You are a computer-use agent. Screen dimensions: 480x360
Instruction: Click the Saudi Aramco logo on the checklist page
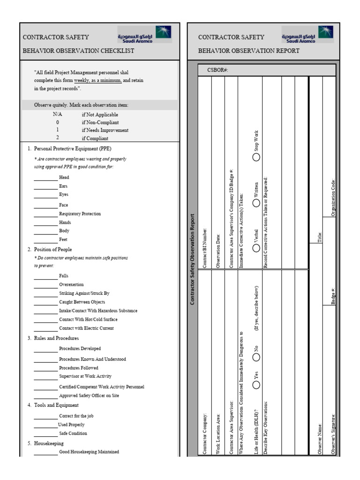tap(144, 34)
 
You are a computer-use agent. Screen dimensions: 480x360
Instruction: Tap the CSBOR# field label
tap(217, 70)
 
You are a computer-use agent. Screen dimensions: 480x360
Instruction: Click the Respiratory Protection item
tap(80, 214)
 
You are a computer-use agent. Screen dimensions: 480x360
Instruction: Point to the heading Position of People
tap(53, 249)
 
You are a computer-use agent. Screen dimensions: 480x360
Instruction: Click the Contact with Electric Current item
tap(86, 328)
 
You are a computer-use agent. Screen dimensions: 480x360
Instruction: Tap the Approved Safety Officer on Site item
tap(89, 396)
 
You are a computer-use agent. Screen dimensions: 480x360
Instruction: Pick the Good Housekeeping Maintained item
tap(89, 452)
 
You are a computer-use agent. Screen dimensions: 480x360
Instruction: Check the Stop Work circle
tap(256, 157)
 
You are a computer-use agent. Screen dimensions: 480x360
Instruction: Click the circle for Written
tap(256, 202)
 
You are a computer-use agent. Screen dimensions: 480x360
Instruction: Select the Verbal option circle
tap(256, 248)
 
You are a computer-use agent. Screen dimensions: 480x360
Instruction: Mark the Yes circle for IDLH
tap(256, 384)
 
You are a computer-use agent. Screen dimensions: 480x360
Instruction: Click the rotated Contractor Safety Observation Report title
tap(193, 260)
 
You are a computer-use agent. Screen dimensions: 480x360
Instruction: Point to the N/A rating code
tap(57, 114)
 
